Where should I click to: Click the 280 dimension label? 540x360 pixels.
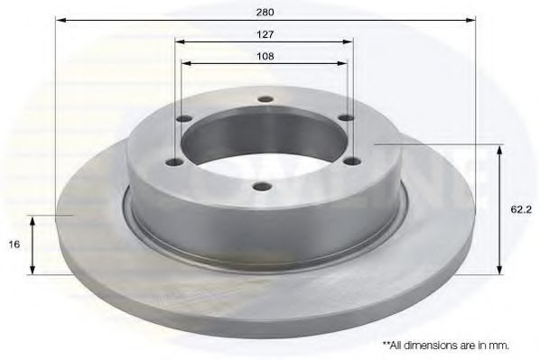[x=265, y=13]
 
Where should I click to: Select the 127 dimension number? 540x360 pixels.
[x=265, y=34]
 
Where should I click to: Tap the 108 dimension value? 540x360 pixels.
[x=265, y=56]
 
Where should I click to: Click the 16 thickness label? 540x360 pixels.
[x=14, y=245]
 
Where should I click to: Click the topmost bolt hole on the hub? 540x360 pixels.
[x=265, y=99]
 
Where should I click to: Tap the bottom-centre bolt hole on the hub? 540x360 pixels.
[x=264, y=187]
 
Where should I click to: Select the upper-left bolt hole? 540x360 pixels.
[x=183, y=119]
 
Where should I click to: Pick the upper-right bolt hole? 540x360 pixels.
[x=346, y=118]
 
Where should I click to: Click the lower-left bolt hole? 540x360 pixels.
[x=175, y=162]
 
